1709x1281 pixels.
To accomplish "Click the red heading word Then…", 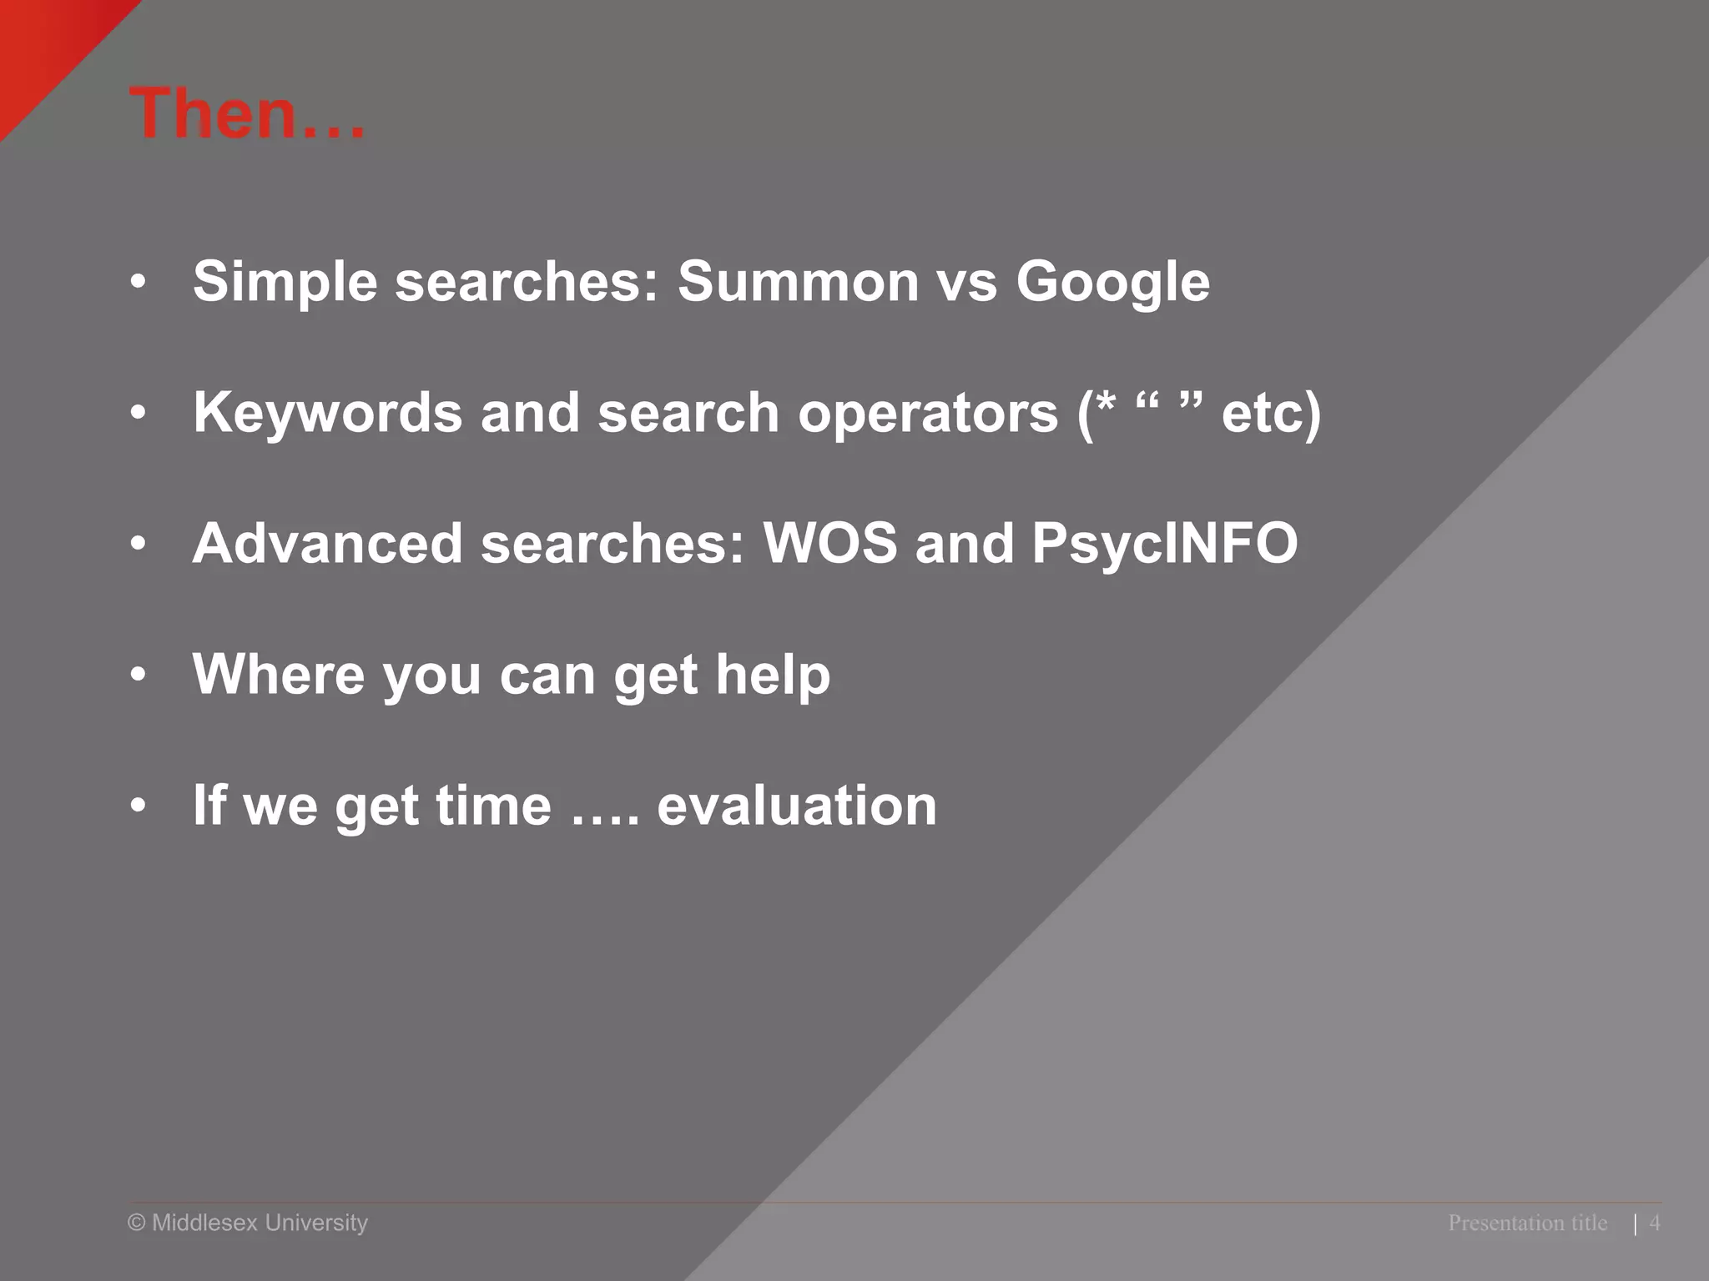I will [x=247, y=114].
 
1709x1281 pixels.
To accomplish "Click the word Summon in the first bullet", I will [x=797, y=281].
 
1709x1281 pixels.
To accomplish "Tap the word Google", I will [x=1112, y=283].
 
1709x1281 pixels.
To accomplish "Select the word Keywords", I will [x=327, y=412].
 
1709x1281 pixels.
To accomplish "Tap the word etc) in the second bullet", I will [x=1271, y=412].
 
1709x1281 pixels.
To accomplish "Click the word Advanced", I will [x=327, y=543].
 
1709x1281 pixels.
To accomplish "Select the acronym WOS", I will [x=830, y=543].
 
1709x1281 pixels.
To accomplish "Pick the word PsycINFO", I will [x=1165, y=545].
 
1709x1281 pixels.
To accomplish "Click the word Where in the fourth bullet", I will [x=279, y=673].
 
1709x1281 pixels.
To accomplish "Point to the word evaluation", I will [x=797, y=806].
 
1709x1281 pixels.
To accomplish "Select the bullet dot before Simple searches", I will [x=139, y=283].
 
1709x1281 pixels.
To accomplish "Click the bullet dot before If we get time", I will [x=139, y=806].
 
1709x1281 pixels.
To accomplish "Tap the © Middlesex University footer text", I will [x=248, y=1223].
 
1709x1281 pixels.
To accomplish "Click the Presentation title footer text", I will [x=1527, y=1223].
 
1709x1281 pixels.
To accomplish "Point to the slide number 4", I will [x=1655, y=1223].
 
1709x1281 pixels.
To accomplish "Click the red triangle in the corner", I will [x=42, y=42].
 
